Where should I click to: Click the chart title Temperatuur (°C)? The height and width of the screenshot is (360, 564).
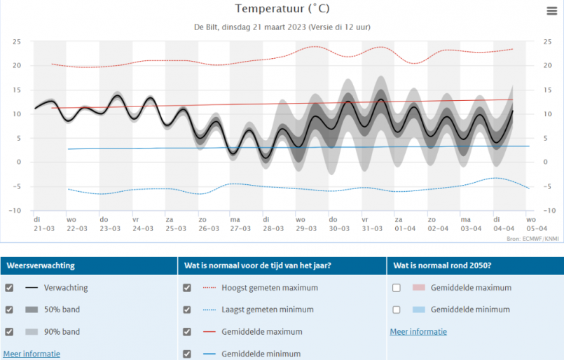[x=282, y=9]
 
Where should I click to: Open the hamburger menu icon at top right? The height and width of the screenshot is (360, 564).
[x=552, y=11]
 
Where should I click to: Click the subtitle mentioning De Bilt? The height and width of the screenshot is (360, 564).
[x=282, y=27]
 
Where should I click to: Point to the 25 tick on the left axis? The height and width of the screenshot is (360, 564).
[x=16, y=42]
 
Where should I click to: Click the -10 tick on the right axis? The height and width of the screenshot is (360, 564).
[x=546, y=211]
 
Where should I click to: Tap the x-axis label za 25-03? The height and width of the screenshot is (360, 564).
[x=175, y=224]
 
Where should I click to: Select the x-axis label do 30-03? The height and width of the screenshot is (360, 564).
[x=338, y=224]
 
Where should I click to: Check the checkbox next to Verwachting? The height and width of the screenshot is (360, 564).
[x=9, y=288]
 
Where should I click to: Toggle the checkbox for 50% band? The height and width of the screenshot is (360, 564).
[x=9, y=310]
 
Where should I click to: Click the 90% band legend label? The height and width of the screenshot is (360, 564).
[x=62, y=332]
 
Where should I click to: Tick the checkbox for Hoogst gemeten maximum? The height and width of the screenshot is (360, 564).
[x=186, y=288]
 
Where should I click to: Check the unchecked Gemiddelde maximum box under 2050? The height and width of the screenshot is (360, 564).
[x=397, y=288]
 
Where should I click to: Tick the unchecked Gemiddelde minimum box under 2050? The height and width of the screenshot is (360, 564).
[x=397, y=310]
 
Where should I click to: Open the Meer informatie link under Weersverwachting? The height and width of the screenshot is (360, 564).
[x=32, y=354]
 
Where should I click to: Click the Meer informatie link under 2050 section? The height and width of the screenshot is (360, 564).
[x=418, y=332]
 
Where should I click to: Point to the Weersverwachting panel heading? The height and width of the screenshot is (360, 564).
[x=41, y=266]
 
